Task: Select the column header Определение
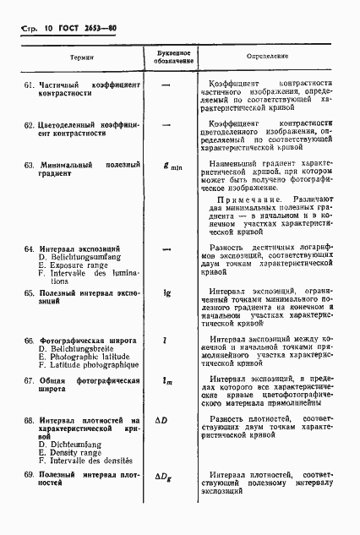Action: point(267,56)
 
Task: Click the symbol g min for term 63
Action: point(172,167)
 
